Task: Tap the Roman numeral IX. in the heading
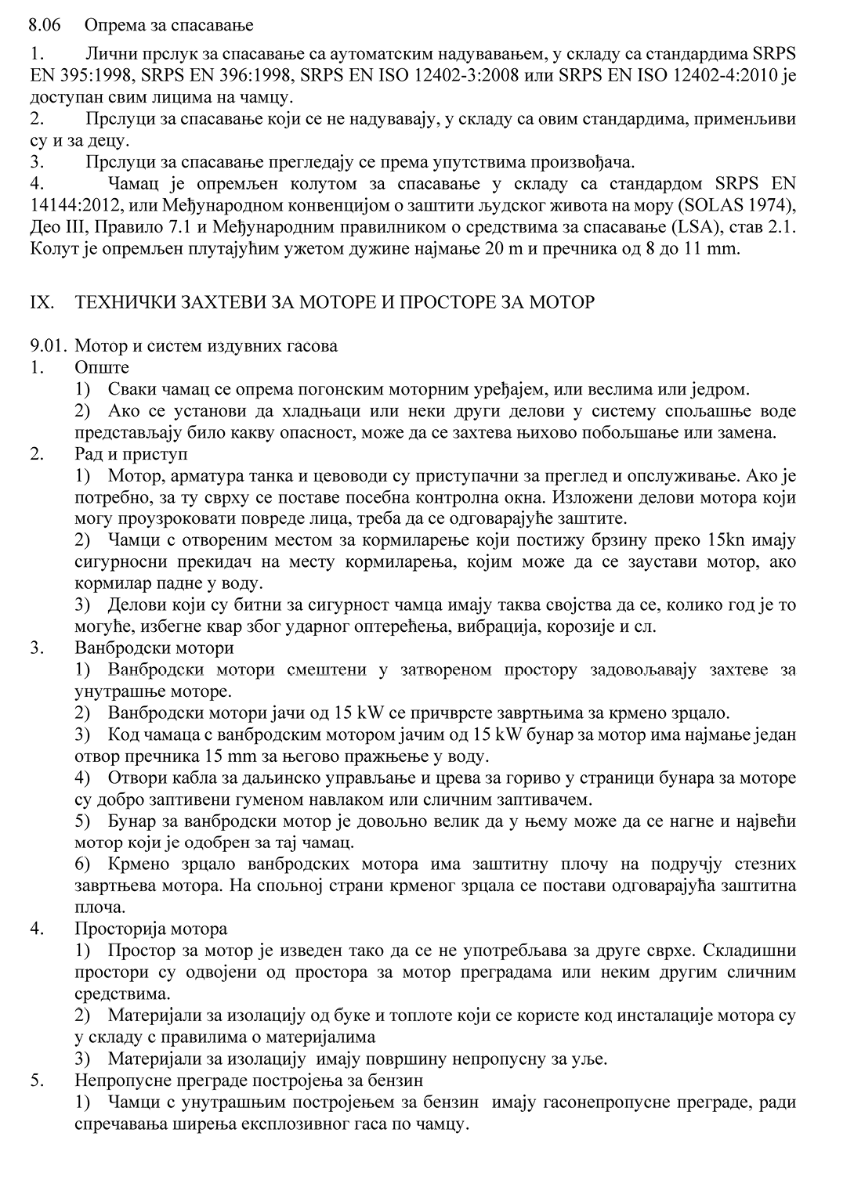[x=40, y=301]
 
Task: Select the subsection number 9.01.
[x=46, y=345]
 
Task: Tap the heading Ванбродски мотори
[x=154, y=648]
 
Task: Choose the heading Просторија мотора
[x=151, y=929]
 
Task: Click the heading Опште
[x=102, y=367]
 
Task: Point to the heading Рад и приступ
[x=131, y=453]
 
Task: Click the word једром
[x=723, y=389]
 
